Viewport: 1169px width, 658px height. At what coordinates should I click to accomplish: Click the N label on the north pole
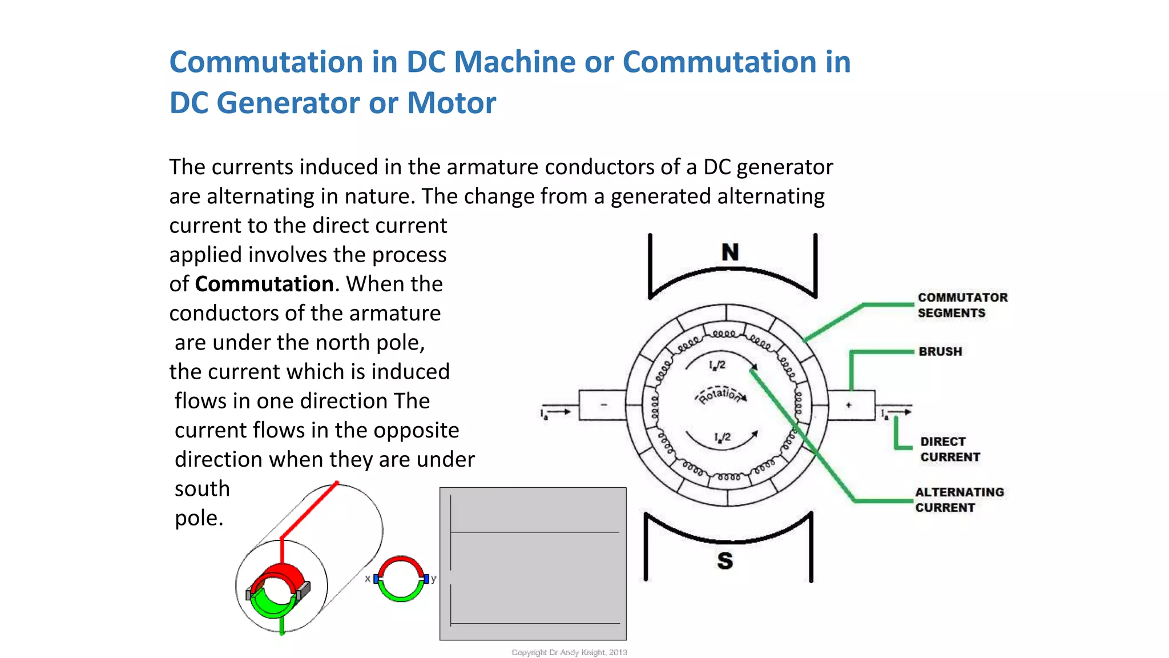(x=730, y=252)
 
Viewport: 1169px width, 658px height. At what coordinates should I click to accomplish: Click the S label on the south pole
(x=725, y=561)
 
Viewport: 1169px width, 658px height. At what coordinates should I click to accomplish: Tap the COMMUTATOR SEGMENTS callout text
(x=962, y=305)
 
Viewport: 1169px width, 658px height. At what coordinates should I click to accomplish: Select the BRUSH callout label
(x=940, y=351)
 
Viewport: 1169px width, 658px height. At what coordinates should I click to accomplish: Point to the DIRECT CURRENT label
(x=950, y=449)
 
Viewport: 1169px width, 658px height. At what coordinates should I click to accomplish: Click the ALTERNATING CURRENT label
(x=959, y=500)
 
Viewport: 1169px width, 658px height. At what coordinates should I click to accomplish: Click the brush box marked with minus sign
(x=602, y=405)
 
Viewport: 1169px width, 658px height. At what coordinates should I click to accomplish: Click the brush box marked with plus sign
(x=850, y=405)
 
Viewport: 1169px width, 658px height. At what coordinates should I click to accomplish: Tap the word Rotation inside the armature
(x=720, y=395)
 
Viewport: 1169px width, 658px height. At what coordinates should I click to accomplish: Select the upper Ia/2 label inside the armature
(x=717, y=365)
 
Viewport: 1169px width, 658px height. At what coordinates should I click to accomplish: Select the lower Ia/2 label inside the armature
(x=722, y=438)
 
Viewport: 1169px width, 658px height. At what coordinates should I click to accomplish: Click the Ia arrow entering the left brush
(x=555, y=412)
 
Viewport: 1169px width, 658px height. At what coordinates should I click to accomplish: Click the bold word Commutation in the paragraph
(x=264, y=284)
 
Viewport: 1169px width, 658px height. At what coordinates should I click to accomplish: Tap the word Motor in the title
(x=451, y=103)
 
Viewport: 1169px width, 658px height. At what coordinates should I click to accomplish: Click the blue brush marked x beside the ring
(x=376, y=579)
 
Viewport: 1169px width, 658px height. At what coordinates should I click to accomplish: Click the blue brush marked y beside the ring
(x=426, y=579)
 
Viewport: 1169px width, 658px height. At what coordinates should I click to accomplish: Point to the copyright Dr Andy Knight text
(x=569, y=652)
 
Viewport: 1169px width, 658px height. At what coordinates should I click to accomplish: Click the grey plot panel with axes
(x=533, y=563)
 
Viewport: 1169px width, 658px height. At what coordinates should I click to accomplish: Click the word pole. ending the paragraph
(x=199, y=518)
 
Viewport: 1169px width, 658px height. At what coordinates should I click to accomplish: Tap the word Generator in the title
(x=288, y=103)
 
